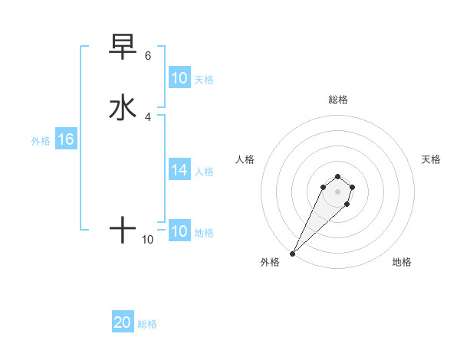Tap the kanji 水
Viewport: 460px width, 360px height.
point(123,107)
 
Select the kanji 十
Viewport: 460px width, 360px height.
point(123,228)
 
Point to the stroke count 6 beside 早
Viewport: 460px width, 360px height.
point(148,56)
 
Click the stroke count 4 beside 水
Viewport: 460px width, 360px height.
point(148,116)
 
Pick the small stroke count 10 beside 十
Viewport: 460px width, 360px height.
point(148,240)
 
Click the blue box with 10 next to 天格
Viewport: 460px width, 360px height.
point(179,78)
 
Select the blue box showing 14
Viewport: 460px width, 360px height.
point(179,170)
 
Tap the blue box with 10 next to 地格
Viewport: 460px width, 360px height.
point(179,231)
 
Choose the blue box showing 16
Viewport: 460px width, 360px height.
point(65,139)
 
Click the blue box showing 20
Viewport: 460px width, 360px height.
point(123,322)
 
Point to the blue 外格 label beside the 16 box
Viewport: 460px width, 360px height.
point(41,140)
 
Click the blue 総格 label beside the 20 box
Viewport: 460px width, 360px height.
point(147,324)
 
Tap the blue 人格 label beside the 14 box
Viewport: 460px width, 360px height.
point(205,172)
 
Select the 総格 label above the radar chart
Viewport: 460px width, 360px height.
point(337,100)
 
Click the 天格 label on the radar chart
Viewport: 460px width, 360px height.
point(431,159)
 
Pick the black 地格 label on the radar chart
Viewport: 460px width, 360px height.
point(402,262)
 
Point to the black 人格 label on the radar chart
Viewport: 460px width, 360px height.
point(245,159)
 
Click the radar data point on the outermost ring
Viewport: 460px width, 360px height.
point(293,253)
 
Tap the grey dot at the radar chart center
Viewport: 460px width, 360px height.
point(337,191)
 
